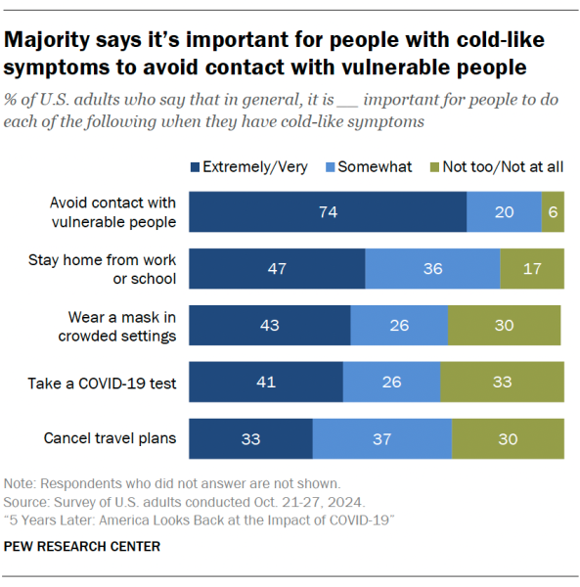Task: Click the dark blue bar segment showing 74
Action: click(x=328, y=212)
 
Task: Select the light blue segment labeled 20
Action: click(x=504, y=212)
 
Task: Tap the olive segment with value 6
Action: click(x=553, y=212)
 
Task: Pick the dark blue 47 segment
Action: click(x=277, y=268)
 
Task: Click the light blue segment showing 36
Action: click(x=432, y=268)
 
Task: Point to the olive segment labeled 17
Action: click(x=532, y=268)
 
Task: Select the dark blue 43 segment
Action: click(x=270, y=326)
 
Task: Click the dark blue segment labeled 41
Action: click(x=266, y=382)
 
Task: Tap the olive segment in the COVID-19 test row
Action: click(x=502, y=382)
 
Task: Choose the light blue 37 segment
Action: click(x=382, y=438)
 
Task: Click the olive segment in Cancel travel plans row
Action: click(x=509, y=438)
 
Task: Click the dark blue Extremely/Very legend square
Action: click(x=195, y=167)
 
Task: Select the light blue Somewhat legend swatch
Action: click(x=330, y=167)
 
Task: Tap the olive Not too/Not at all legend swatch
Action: click(x=434, y=167)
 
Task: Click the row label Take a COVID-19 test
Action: click(x=102, y=384)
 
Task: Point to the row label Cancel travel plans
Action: click(x=110, y=438)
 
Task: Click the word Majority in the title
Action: click(x=47, y=40)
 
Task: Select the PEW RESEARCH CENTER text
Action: click(x=82, y=546)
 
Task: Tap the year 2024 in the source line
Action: click(x=344, y=502)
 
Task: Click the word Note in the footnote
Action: click(x=19, y=483)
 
